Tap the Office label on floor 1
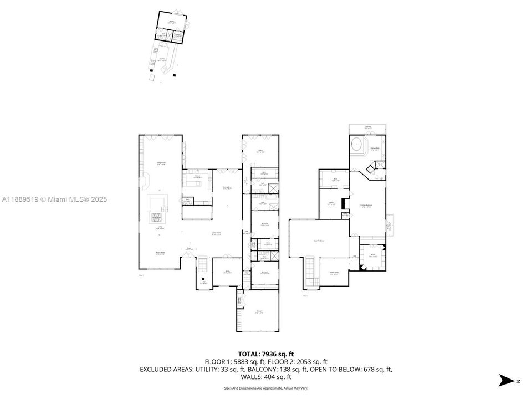(259, 151)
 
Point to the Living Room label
(215, 233)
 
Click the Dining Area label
(227, 188)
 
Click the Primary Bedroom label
(366, 206)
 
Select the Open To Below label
(319, 241)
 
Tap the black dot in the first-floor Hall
(203, 279)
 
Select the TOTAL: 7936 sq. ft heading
(265, 353)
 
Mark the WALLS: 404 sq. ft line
(265, 377)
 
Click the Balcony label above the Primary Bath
(368, 128)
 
